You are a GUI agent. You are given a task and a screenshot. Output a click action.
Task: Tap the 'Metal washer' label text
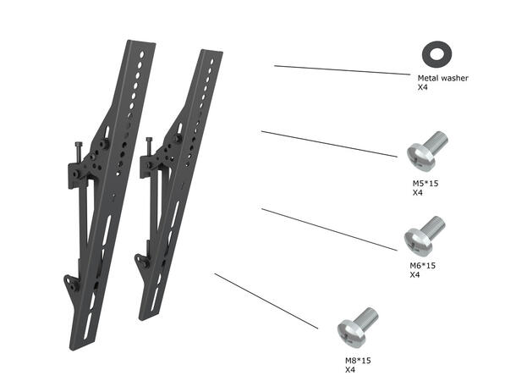tap(442, 78)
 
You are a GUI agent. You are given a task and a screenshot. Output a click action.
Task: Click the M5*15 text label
tap(424, 183)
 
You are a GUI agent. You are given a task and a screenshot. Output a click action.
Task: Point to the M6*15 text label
tap(422, 266)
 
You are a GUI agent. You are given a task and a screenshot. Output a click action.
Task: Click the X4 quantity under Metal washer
tap(423, 87)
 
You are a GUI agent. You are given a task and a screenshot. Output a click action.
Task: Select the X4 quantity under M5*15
tap(417, 192)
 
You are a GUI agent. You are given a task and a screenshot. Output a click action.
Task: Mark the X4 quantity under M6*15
tap(415, 275)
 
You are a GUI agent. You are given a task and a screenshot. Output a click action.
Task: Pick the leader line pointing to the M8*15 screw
tap(266, 301)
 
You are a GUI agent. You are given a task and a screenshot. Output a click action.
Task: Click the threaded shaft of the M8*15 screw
tap(367, 318)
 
